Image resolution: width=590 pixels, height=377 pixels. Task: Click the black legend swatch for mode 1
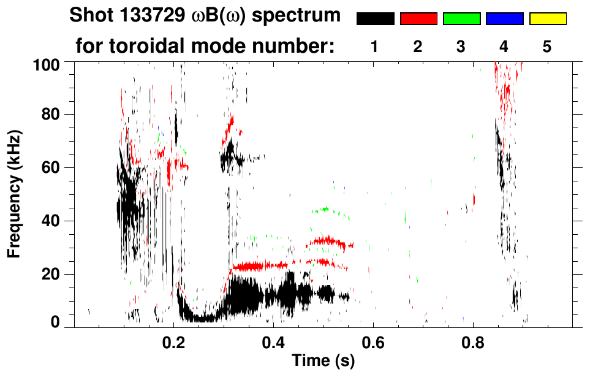click(375, 19)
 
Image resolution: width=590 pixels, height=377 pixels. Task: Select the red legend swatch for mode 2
click(418, 19)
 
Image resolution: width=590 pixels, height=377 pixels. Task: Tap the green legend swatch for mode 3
click(461, 19)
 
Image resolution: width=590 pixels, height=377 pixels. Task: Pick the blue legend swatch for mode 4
click(504, 19)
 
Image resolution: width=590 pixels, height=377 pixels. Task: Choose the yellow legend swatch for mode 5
click(547, 19)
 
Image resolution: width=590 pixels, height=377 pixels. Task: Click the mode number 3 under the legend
click(461, 47)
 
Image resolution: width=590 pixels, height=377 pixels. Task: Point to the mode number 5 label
click(547, 47)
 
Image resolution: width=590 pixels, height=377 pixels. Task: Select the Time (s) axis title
click(322, 361)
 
